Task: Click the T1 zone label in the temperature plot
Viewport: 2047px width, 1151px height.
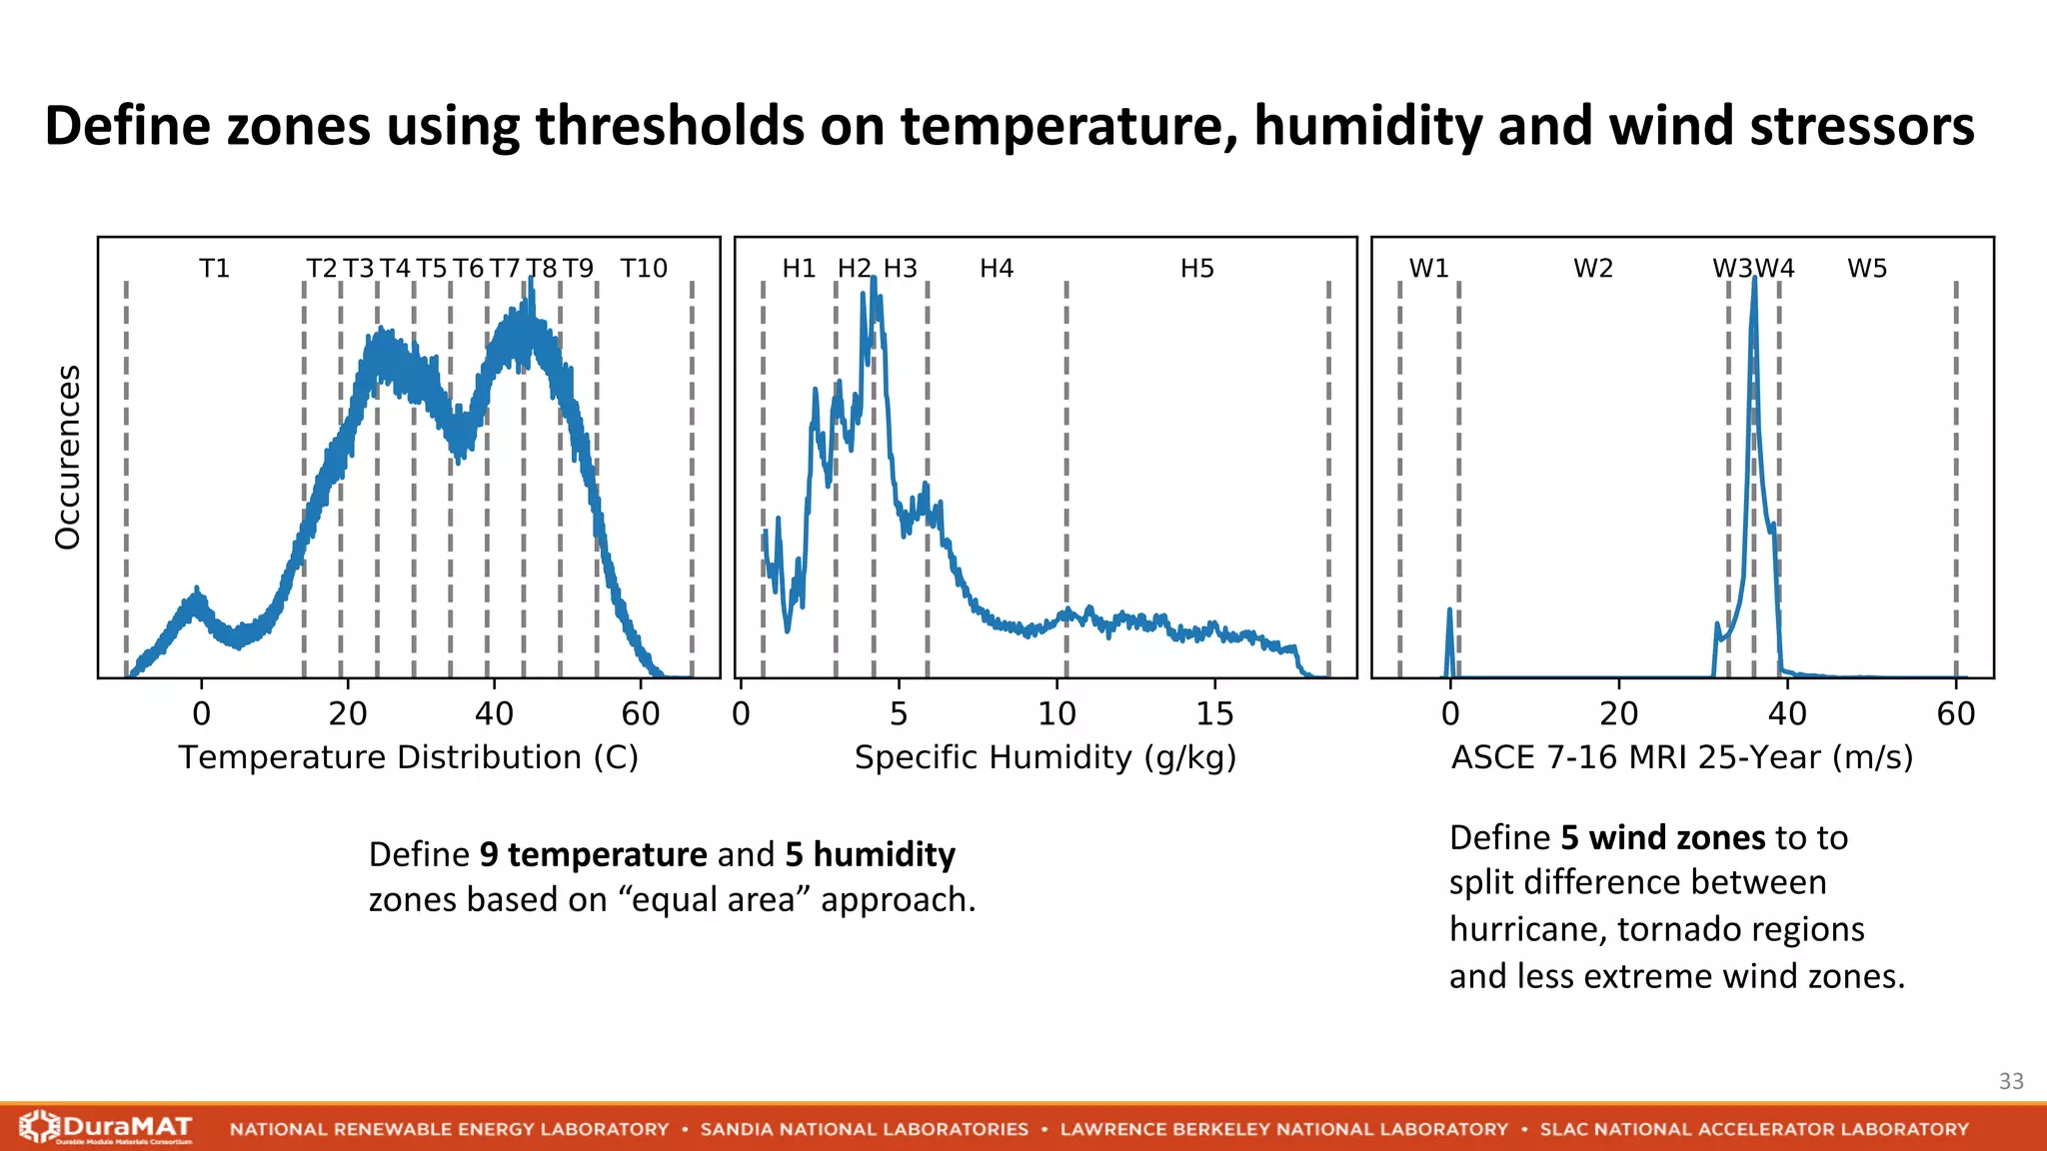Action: click(214, 268)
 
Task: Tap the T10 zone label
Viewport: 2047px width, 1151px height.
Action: click(643, 268)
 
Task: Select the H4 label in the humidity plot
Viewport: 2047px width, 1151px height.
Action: click(996, 268)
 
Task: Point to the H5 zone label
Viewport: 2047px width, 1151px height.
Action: click(1196, 268)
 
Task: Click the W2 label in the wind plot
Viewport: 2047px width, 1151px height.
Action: click(1593, 268)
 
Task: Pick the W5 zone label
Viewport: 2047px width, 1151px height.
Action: click(1866, 268)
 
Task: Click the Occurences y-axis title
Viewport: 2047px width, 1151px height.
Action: click(67, 457)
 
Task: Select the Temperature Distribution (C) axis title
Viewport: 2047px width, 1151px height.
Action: click(408, 757)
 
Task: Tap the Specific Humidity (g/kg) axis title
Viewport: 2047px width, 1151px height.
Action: click(1044, 757)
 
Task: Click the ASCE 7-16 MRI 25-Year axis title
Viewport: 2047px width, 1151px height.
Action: click(1681, 757)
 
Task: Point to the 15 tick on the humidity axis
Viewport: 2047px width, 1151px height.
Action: click(1214, 713)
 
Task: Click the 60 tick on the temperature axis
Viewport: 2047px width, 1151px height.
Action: click(640, 713)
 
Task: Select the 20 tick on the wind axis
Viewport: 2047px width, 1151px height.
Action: click(1618, 713)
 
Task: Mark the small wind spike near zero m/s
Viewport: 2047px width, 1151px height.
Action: click(1450, 611)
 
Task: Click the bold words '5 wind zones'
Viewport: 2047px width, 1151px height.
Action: click(1663, 837)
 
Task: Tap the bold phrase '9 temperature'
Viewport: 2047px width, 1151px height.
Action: click(594, 854)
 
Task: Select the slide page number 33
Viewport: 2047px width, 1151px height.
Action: click(2011, 1081)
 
